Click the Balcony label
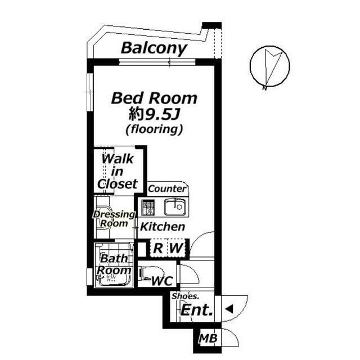point(154,48)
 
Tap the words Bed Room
point(154,98)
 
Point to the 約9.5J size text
point(154,115)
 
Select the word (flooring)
point(154,129)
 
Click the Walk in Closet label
point(117,171)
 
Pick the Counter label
point(167,189)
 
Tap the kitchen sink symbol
point(174,208)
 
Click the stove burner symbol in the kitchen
point(149,208)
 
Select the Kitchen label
point(163,227)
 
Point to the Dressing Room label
point(114,219)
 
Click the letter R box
point(159,247)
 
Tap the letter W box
point(176,247)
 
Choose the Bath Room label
point(114,265)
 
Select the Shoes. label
point(185,296)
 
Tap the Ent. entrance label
point(196,309)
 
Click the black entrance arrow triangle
point(229,308)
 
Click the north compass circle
point(270,67)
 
